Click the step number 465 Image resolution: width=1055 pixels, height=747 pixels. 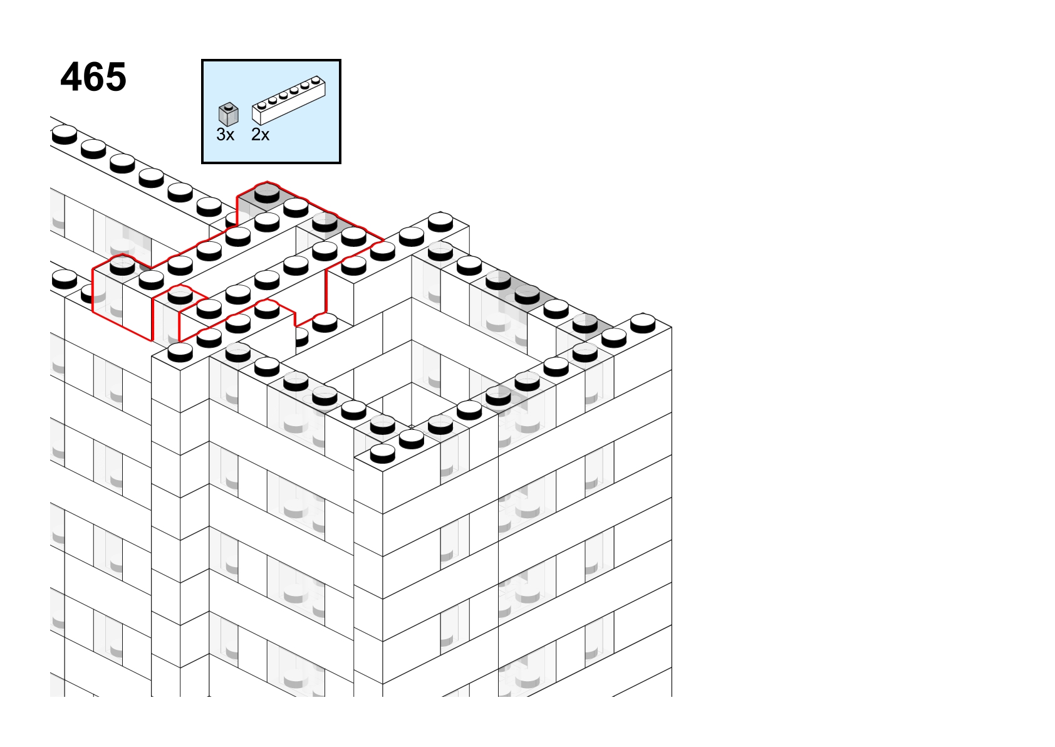tap(93, 77)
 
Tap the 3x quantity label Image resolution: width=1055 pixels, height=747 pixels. tap(225, 135)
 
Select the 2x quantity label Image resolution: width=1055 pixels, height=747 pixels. tap(260, 135)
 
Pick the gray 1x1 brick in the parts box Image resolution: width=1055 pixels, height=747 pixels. tap(229, 115)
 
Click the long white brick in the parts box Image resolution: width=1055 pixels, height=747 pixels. tap(289, 100)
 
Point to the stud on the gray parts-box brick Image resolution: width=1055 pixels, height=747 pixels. tap(229, 107)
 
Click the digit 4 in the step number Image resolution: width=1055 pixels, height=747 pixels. tap(71, 77)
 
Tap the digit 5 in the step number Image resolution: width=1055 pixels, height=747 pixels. tap(116, 77)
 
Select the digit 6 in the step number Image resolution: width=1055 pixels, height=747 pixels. tap(94, 77)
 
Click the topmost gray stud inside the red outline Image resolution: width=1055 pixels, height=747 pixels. tap(267, 193)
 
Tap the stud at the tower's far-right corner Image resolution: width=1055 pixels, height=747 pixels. tap(643, 323)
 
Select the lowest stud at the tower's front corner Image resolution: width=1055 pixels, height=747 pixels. tap(382, 453)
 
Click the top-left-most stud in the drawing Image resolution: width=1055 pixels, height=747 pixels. tap(65, 134)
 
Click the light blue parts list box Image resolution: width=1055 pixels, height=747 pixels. tap(271, 112)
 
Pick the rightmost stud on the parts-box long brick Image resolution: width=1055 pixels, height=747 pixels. tap(316, 81)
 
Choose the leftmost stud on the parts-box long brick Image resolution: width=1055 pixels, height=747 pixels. tap(261, 105)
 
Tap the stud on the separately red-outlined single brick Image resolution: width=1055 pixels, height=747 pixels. tap(180, 295)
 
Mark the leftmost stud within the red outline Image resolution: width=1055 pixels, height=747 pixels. tap(122, 266)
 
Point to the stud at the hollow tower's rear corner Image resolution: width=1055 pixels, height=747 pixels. tap(440, 221)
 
